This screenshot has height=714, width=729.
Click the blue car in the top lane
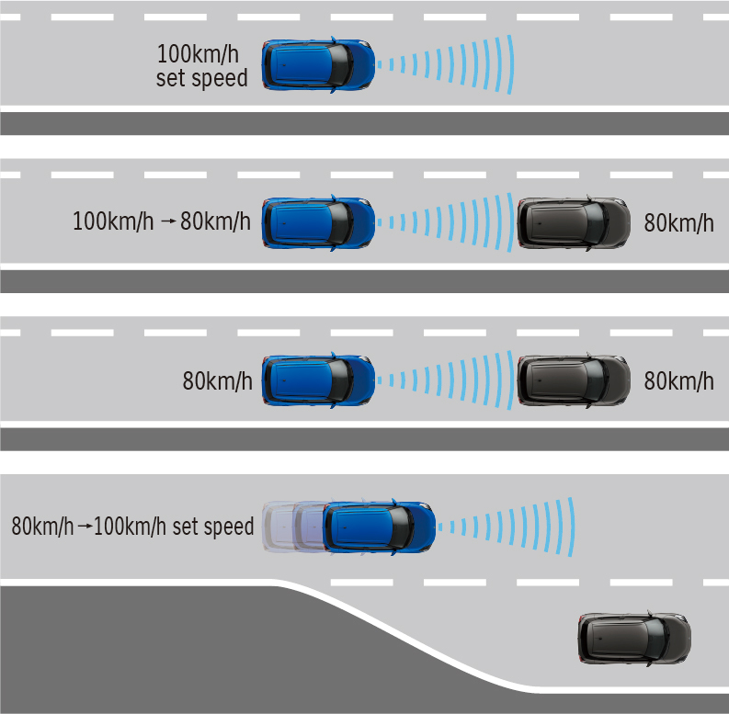pos(318,64)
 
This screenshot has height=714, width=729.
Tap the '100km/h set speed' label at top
pos(202,64)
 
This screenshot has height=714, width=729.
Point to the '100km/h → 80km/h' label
pos(161,221)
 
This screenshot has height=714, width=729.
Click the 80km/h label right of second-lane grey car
pos(678,222)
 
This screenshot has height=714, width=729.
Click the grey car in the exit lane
pos(634,638)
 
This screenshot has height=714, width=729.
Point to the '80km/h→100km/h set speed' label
pos(132,527)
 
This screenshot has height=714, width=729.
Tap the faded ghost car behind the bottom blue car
pos(285,527)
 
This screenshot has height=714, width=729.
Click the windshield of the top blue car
pos(340,64)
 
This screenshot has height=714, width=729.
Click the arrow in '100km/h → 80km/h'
pos(166,222)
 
